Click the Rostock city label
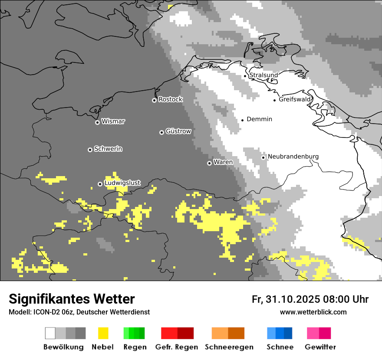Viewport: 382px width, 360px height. point(170,99)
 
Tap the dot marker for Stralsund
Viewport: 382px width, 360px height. point(245,76)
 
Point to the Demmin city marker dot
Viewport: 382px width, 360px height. point(243,120)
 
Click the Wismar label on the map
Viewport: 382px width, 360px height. point(113,121)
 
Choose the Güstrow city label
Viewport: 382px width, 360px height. point(178,131)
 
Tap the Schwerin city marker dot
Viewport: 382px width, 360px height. point(90,150)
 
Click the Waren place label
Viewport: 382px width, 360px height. point(223,162)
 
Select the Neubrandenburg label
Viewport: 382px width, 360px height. point(293,157)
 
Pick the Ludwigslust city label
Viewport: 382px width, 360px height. point(122,183)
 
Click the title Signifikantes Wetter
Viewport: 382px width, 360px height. point(72,299)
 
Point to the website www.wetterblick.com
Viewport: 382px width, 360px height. point(313,312)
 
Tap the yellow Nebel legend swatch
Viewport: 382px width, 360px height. point(103,333)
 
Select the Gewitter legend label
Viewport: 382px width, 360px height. point(320,347)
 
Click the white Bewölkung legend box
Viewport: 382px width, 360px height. point(50,333)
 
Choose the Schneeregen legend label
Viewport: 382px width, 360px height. point(229,347)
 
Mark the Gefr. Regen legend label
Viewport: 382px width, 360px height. point(176,347)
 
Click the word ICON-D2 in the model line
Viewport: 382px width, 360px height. point(44,312)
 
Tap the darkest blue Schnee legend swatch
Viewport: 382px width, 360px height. point(288,333)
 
